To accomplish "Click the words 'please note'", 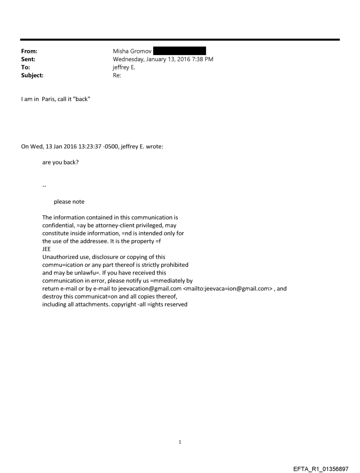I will (x=69, y=202).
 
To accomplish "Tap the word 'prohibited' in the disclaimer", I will (x=174, y=265).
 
